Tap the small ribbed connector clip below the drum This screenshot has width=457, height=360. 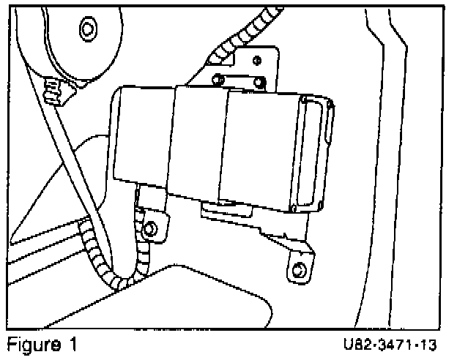click(54, 90)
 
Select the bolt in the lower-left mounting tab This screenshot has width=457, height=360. click(151, 229)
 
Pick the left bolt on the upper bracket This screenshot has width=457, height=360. click(218, 79)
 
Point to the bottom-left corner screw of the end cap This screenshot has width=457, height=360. click(293, 209)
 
